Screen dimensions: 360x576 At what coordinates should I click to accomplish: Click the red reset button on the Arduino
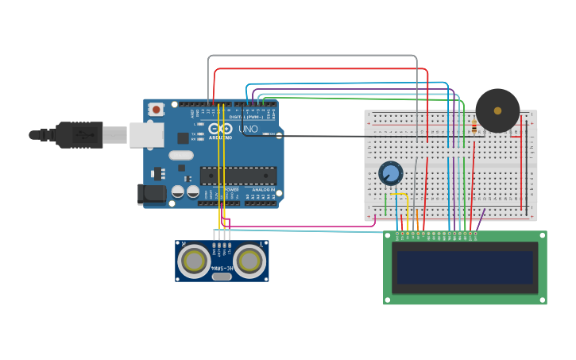(157, 109)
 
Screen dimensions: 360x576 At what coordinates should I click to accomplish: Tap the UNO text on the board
(248, 129)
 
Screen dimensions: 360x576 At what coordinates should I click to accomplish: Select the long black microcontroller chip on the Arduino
(238, 176)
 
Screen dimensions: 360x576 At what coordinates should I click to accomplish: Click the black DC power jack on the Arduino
(152, 194)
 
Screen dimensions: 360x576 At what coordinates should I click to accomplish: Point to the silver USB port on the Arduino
(146, 134)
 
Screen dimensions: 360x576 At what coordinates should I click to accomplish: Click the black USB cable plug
(79, 135)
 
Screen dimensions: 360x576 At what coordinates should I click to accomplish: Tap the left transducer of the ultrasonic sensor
(194, 261)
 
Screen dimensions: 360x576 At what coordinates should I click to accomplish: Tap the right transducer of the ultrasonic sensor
(249, 261)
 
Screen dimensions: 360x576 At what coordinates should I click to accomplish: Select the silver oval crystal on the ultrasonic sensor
(222, 277)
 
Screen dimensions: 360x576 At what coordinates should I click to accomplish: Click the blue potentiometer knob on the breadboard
(391, 173)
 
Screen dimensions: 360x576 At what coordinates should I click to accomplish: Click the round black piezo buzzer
(497, 110)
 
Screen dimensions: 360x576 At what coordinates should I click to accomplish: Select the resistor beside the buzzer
(474, 126)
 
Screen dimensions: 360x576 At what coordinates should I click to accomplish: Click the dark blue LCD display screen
(465, 268)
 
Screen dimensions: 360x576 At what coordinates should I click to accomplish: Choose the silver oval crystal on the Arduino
(181, 156)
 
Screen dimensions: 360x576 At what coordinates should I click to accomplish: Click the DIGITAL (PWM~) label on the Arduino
(242, 117)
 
